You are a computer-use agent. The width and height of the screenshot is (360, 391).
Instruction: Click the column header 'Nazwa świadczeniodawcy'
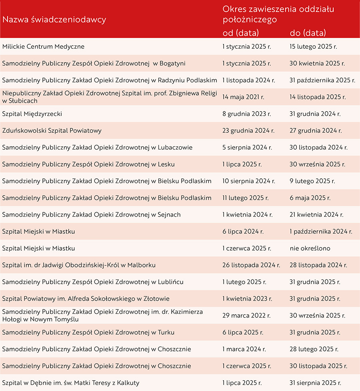pyautogui.click(x=54, y=20)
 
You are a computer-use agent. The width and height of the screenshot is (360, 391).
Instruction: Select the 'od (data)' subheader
pyautogui.click(x=241, y=33)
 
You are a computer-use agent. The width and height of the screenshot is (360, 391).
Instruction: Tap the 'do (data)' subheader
pyautogui.click(x=308, y=33)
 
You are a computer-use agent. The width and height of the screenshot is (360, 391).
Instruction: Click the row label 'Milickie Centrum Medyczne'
pyautogui.click(x=43, y=47)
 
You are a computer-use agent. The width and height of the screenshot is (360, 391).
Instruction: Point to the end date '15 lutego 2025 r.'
pyautogui.click(x=313, y=47)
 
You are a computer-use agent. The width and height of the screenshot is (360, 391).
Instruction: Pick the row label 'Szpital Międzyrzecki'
pyautogui.click(x=32, y=114)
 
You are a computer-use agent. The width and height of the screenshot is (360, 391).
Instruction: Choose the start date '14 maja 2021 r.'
pyautogui.click(x=243, y=97)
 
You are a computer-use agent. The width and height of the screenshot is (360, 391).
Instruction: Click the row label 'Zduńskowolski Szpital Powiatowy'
pyautogui.click(x=52, y=131)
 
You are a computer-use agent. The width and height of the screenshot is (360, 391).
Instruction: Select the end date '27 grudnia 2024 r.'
pyautogui.click(x=316, y=131)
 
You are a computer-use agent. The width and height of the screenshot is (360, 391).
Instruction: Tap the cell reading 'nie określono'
pyautogui.click(x=310, y=248)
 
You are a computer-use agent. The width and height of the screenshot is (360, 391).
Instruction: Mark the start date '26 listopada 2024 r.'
pyautogui.click(x=251, y=265)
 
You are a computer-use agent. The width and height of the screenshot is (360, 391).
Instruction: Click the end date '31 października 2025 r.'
pyautogui.click(x=322, y=80)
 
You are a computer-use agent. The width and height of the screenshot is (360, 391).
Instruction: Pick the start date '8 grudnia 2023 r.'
pyautogui.click(x=247, y=114)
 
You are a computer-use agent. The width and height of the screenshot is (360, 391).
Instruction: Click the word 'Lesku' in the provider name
pyautogui.click(x=166, y=164)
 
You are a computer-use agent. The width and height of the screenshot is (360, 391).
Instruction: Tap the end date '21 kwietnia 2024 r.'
pyautogui.click(x=316, y=215)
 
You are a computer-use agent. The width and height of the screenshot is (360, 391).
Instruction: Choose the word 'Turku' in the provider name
pyautogui.click(x=166, y=332)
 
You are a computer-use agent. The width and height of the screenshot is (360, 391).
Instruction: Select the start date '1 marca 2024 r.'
pyautogui.click(x=244, y=349)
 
